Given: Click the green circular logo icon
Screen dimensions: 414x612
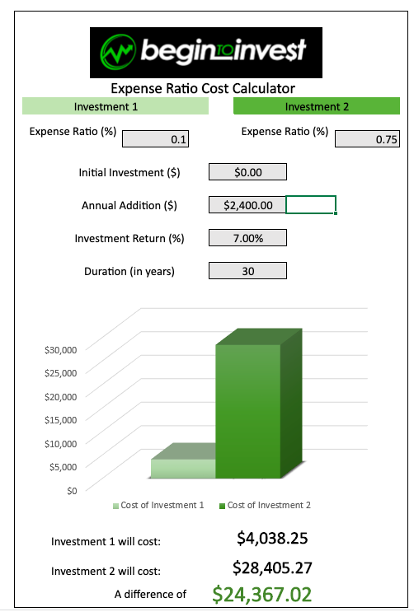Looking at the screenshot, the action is click(118, 52).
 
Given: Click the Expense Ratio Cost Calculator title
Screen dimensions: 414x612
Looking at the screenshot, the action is click(203, 89).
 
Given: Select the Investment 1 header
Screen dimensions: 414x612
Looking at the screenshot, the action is click(115, 106).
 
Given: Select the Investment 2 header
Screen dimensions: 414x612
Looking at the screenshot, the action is click(317, 106).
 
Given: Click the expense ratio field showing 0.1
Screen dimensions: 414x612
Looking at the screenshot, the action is click(155, 139).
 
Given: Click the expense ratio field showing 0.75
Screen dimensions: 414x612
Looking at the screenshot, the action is click(367, 139).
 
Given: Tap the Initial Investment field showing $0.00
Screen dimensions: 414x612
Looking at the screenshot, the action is click(247, 172).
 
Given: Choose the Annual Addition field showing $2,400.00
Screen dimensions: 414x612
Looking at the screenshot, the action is click(247, 205).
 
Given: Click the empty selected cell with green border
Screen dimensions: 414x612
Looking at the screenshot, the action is click(311, 205).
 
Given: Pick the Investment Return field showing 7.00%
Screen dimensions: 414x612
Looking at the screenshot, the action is click(247, 238).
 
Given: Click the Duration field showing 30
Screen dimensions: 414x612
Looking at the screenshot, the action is click(247, 271).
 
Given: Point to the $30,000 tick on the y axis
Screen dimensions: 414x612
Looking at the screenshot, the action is click(60, 350).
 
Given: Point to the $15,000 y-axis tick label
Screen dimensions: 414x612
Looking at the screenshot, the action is click(60, 420).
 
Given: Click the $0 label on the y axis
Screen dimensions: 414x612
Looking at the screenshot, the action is click(72, 491).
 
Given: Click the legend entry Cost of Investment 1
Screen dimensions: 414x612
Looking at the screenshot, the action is click(158, 506).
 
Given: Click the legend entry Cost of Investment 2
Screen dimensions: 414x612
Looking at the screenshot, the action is click(265, 506).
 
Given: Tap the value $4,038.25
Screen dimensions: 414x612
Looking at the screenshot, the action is click(272, 538).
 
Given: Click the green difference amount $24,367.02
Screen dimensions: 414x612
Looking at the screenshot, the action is click(262, 595).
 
